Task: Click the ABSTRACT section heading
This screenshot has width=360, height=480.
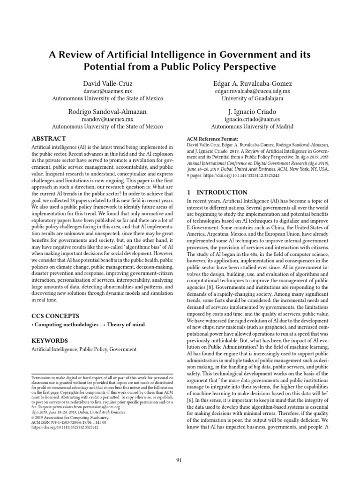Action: click(x=49, y=139)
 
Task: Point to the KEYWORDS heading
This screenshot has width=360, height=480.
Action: click(x=49, y=340)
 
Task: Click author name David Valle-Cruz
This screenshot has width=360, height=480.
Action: click(x=107, y=82)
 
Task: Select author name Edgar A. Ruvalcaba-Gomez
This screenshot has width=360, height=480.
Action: click(x=252, y=82)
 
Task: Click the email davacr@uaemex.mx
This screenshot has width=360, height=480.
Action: click(x=107, y=91)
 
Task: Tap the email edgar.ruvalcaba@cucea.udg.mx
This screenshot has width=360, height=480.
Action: click(x=252, y=91)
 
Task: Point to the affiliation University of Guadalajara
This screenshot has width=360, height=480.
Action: click(x=252, y=98)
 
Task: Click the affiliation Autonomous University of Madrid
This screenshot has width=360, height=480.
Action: click(x=252, y=127)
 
